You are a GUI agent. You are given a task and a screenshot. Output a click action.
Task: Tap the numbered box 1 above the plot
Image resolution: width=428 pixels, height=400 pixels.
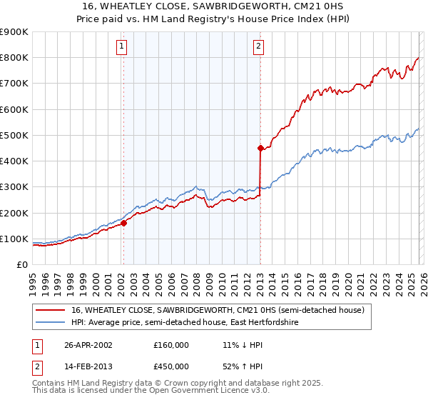coord(123,47)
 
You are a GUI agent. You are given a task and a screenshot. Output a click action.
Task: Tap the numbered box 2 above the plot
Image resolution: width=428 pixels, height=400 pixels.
coord(258,47)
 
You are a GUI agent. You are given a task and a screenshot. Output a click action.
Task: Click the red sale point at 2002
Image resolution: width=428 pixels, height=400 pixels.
coord(123,223)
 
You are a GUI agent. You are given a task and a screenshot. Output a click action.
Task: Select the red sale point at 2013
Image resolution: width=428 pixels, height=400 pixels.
coord(260,148)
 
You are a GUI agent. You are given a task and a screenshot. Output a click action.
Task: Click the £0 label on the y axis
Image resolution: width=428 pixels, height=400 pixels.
coord(21,264)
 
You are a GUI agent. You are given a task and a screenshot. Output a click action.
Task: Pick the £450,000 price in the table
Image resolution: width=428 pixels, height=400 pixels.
coord(171,366)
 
